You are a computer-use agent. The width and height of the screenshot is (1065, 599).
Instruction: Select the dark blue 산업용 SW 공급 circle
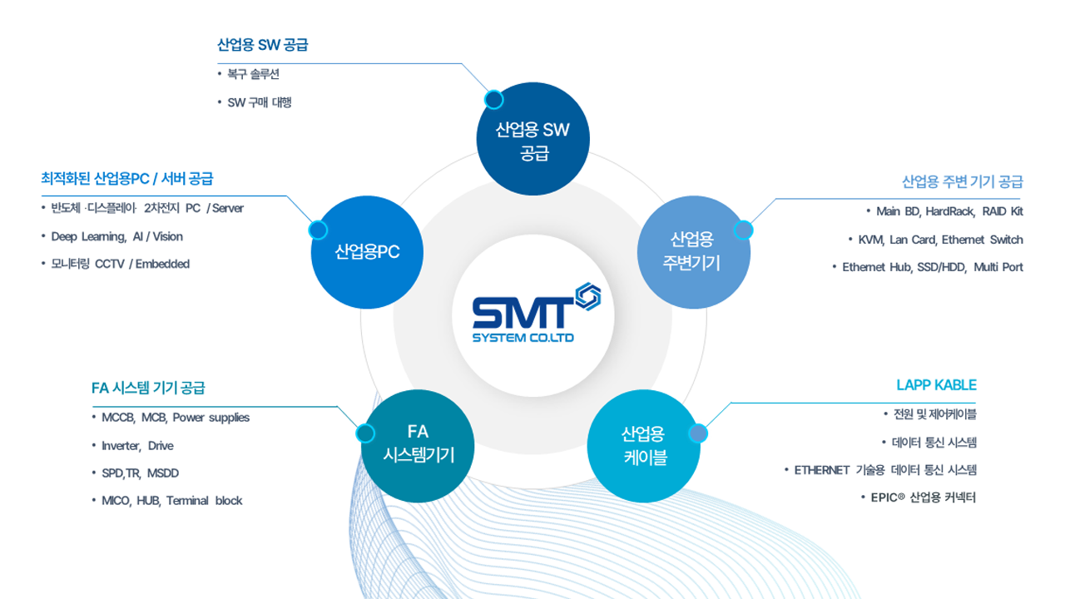(532, 140)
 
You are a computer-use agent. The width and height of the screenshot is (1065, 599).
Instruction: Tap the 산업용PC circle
(367, 251)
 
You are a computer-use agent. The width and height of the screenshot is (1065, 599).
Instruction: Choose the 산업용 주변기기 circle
(693, 251)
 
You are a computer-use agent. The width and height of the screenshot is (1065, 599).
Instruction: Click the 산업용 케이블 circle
(643, 446)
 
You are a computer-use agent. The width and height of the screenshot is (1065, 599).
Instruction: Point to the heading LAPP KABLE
(936, 385)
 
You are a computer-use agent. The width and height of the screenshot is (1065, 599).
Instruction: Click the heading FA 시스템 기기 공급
(148, 388)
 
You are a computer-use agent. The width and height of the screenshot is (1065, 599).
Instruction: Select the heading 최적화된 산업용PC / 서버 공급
(126, 178)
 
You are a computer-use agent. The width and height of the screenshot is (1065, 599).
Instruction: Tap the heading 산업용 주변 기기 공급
(962, 181)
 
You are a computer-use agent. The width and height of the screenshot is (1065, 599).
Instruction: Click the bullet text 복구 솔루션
(253, 75)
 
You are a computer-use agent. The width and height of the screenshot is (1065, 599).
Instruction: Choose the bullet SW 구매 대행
(259, 103)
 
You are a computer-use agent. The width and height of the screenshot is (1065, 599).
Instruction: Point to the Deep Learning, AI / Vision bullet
(116, 236)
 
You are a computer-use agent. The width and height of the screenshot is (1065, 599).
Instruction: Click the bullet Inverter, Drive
(137, 446)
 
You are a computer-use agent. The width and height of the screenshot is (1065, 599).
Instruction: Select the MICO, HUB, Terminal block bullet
(171, 501)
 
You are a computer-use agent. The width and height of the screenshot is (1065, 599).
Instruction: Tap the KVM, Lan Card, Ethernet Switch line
(940, 240)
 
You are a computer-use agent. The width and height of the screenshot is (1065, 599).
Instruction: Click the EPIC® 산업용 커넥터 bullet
(923, 498)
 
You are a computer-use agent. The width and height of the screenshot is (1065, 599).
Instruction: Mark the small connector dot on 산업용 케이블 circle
(699, 433)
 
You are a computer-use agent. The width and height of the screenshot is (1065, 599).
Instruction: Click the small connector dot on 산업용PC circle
(317, 230)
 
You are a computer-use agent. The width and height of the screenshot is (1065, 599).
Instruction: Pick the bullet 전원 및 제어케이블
(934, 414)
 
